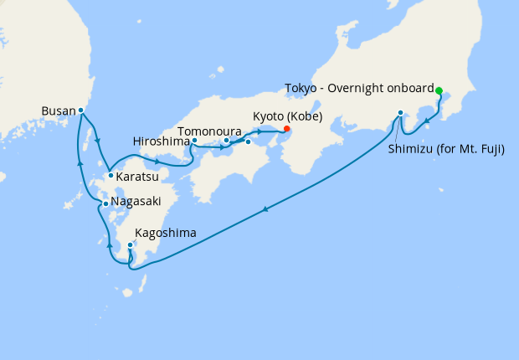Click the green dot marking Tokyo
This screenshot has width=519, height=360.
pyautogui.click(x=439, y=90)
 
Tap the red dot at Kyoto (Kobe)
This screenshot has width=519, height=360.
pyautogui.click(x=286, y=129)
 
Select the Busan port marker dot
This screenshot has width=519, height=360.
pyautogui.click(x=81, y=111)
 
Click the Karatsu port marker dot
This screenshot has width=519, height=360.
pyautogui.click(x=110, y=176)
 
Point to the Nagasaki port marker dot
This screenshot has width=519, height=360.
pyautogui.click(x=105, y=203)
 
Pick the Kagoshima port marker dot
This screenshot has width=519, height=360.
pyautogui.click(x=130, y=245)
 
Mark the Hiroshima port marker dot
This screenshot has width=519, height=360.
pyautogui.click(x=194, y=141)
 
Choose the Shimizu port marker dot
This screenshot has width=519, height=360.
pyautogui.click(x=401, y=113)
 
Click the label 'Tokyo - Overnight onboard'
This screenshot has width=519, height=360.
pyautogui.click(x=359, y=89)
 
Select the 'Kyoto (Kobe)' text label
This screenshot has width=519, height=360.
pyautogui.click(x=287, y=116)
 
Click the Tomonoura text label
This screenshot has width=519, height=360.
pyautogui.click(x=210, y=131)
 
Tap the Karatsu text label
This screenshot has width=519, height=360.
pyautogui.click(x=138, y=177)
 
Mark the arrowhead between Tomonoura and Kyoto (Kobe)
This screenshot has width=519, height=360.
pyautogui.click(x=259, y=131)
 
